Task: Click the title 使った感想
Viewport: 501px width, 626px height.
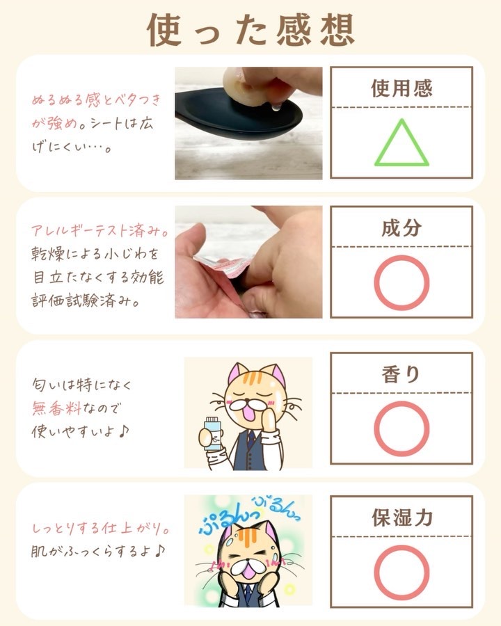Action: pos(250,29)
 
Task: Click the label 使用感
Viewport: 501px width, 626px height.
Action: pos(401,88)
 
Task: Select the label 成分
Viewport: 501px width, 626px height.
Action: pos(401,228)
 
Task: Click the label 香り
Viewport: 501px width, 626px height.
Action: pos(401,374)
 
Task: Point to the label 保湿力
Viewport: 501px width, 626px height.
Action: pos(402,517)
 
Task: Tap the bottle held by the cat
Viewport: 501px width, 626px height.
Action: pos(212,433)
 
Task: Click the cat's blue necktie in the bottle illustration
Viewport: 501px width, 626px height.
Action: pos(250,438)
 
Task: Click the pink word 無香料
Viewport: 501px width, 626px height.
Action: pos(57,408)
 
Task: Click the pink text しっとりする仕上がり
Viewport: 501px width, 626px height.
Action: pos(100,529)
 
